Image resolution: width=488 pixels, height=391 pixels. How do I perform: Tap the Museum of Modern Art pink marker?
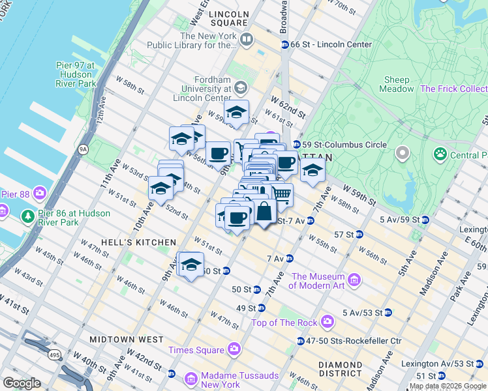(354, 280)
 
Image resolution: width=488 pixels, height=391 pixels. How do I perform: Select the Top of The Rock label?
(284, 322)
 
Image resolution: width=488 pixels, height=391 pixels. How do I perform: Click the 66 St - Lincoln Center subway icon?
(285, 44)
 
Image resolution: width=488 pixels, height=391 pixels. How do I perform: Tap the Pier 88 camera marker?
(40, 193)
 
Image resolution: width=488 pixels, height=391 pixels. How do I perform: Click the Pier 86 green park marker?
(28, 215)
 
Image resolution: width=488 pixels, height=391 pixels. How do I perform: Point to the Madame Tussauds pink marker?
(191, 379)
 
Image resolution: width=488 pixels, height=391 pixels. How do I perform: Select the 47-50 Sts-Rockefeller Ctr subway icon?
(300, 341)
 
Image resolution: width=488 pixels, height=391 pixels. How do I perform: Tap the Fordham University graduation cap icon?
(241, 87)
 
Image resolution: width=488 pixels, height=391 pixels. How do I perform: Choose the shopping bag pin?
(264, 212)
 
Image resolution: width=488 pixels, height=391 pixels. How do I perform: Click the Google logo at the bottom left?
(22, 383)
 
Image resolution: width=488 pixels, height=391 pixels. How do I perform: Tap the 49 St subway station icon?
(261, 308)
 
